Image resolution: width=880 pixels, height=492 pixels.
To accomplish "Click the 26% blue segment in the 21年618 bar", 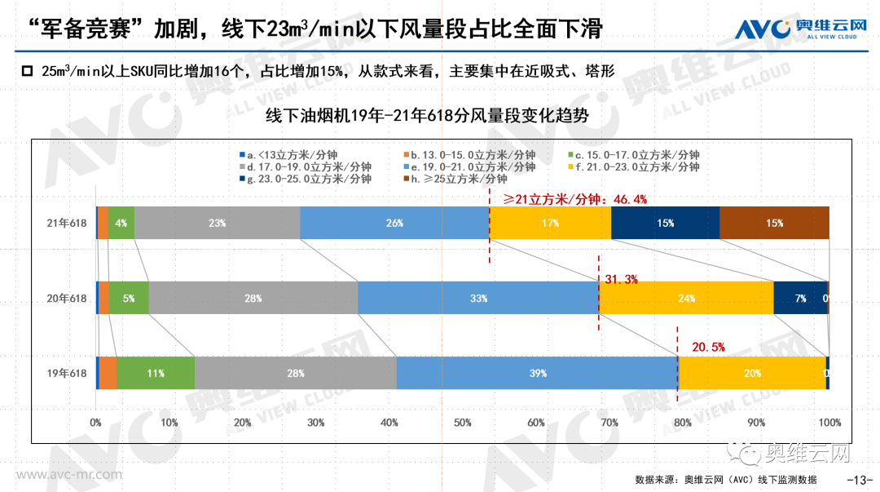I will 394,223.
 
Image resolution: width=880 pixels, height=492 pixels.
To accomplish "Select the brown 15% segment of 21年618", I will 774,223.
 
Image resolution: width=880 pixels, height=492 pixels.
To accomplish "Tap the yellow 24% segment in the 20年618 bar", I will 686,298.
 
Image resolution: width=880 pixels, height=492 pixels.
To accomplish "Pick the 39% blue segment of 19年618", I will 537,373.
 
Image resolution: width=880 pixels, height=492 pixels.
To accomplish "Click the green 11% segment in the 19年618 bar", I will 156,373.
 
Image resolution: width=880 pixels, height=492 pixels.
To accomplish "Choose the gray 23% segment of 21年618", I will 217,223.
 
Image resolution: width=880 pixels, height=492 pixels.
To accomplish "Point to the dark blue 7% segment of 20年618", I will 800,298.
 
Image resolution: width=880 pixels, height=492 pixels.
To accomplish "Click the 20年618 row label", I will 67,299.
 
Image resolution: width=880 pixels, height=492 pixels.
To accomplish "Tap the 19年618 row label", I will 67,374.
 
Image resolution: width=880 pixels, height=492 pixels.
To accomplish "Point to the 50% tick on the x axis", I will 463,423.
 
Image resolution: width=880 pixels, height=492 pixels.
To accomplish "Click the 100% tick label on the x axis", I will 829,423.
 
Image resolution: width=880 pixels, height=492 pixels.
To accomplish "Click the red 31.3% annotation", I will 621,279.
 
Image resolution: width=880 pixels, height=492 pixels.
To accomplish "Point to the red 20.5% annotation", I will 708,347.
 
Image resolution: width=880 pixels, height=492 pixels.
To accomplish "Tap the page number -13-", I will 860,479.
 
